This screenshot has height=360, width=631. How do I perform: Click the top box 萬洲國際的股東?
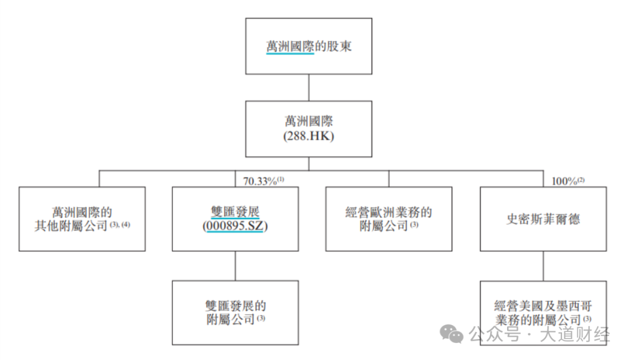coord(308,46)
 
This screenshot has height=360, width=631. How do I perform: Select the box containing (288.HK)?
coord(308,129)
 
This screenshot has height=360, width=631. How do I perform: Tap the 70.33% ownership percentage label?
coord(259,182)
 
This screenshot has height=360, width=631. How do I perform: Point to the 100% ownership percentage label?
coord(564,182)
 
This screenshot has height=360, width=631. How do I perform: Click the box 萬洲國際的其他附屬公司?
coord(82,219)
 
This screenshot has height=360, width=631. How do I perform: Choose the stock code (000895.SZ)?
coord(235,226)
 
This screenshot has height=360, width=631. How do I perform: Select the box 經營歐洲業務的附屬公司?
coord(389,219)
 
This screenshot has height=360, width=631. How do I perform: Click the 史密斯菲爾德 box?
coord(543,219)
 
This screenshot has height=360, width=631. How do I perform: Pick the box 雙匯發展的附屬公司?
coord(235,312)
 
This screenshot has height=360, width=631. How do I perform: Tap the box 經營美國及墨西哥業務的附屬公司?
coord(543,312)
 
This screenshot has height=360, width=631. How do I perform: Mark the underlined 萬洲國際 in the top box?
coord(290,47)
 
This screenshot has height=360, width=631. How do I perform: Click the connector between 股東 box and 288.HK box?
coord(308,87)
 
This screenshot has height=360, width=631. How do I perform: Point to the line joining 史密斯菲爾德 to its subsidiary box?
coord(543,266)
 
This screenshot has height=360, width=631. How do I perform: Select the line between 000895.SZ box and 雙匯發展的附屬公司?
coord(235,266)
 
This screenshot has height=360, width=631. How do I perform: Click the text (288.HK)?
coord(308,136)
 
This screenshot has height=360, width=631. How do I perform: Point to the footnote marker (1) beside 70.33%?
coord(280,180)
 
